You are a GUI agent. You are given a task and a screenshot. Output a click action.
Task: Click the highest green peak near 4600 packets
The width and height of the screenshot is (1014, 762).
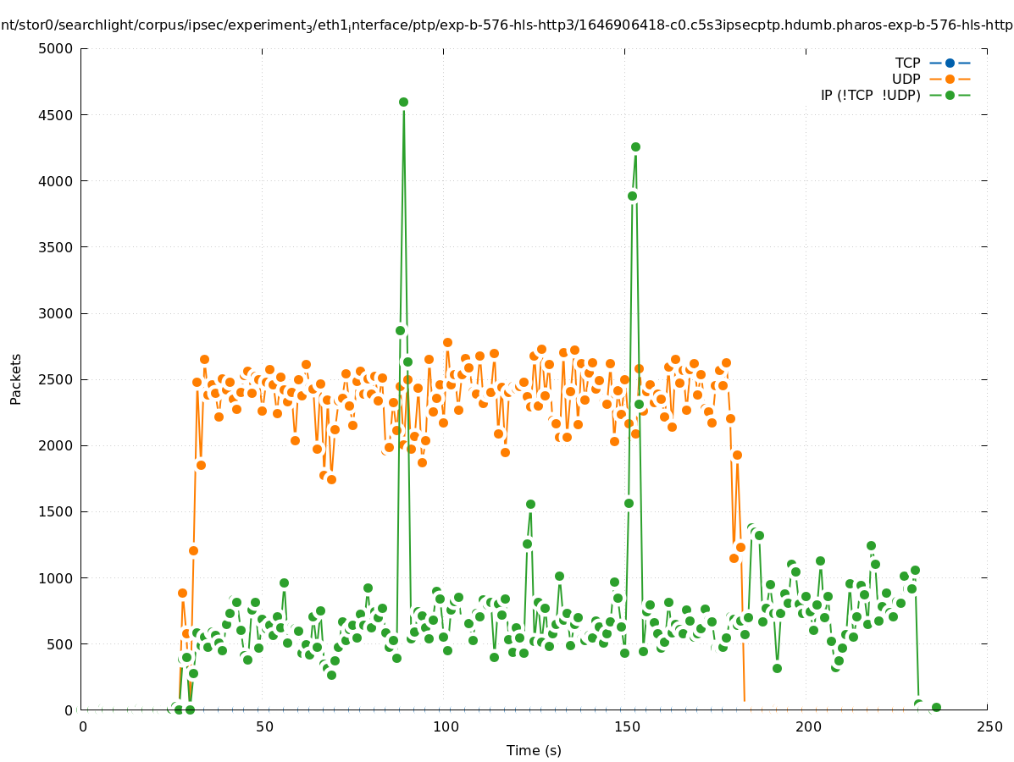pos(403,102)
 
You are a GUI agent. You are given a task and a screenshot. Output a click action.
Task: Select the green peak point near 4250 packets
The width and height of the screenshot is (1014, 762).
pos(635,146)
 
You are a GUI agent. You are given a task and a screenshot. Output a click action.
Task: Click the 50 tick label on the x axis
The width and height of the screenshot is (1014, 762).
pos(263,726)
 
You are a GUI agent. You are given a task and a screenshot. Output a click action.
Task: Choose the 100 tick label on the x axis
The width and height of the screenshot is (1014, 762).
pos(445,726)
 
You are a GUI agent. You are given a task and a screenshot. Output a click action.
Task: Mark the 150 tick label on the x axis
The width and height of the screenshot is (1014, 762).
pos(626,726)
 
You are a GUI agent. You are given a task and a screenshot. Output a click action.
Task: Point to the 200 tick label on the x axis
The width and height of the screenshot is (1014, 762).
pos(807,726)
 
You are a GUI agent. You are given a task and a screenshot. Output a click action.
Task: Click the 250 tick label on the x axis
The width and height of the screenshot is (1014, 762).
pos(989,726)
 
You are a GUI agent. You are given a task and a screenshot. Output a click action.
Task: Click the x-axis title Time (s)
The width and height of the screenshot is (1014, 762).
pos(534,750)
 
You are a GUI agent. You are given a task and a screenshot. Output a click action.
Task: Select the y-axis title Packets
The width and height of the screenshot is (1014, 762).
pos(16,378)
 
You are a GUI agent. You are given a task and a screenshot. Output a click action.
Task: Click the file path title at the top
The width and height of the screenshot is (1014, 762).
pos(507,25)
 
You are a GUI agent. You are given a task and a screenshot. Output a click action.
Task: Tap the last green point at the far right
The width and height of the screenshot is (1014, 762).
pos(936,707)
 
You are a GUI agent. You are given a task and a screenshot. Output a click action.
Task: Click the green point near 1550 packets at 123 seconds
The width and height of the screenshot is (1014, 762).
pos(530,504)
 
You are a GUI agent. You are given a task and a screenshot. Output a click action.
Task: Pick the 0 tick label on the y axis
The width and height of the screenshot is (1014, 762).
pos(69,710)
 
